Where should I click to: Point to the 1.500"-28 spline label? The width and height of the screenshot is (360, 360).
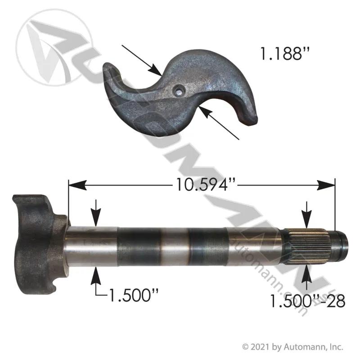pyautogui.click(x=308, y=301)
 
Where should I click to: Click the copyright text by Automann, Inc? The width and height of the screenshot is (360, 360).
pyautogui.click(x=293, y=346)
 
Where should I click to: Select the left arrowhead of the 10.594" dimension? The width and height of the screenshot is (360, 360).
pyautogui.click(x=77, y=185)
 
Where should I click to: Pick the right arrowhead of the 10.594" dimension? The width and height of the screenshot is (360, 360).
pyautogui.click(x=326, y=185)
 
